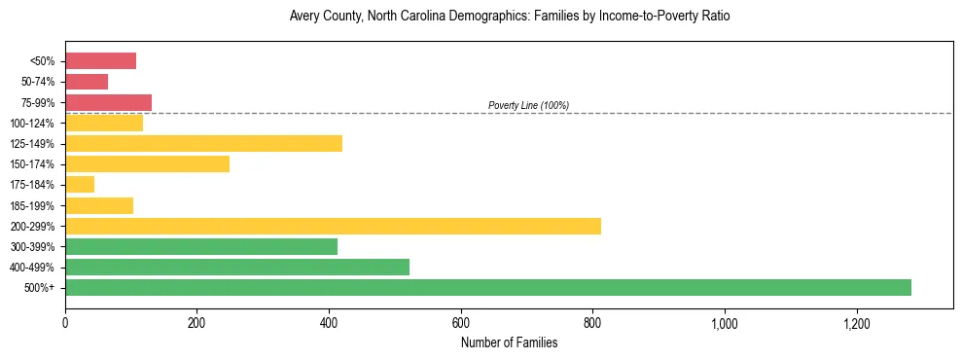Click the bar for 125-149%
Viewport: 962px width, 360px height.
[203, 144]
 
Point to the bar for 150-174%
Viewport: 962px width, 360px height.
[147, 164]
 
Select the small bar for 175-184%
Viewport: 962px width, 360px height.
[80, 185]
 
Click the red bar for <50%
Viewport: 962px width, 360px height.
[100, 61]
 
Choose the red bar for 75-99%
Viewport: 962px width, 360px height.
[108, 102]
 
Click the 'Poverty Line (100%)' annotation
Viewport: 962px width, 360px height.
[528, 105]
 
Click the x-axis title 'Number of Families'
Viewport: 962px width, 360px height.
[509, 342]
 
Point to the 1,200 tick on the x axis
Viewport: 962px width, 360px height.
[857, 322]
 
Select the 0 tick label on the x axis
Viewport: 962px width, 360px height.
[65, 322]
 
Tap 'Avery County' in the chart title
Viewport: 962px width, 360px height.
[321, 17]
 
